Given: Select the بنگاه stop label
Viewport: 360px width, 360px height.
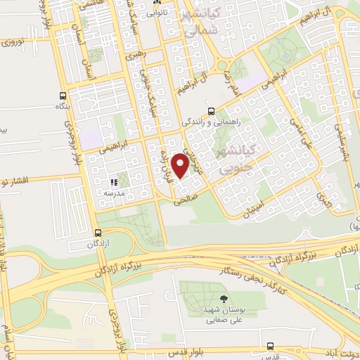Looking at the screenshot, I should (63, 106).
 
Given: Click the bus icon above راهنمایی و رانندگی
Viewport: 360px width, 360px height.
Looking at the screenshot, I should (212, 110).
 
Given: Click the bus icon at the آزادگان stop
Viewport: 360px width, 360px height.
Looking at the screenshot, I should (97, 233).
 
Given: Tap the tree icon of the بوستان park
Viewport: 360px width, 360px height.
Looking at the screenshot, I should (224, 299).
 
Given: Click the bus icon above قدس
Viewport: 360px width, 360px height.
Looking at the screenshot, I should (271, 347).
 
